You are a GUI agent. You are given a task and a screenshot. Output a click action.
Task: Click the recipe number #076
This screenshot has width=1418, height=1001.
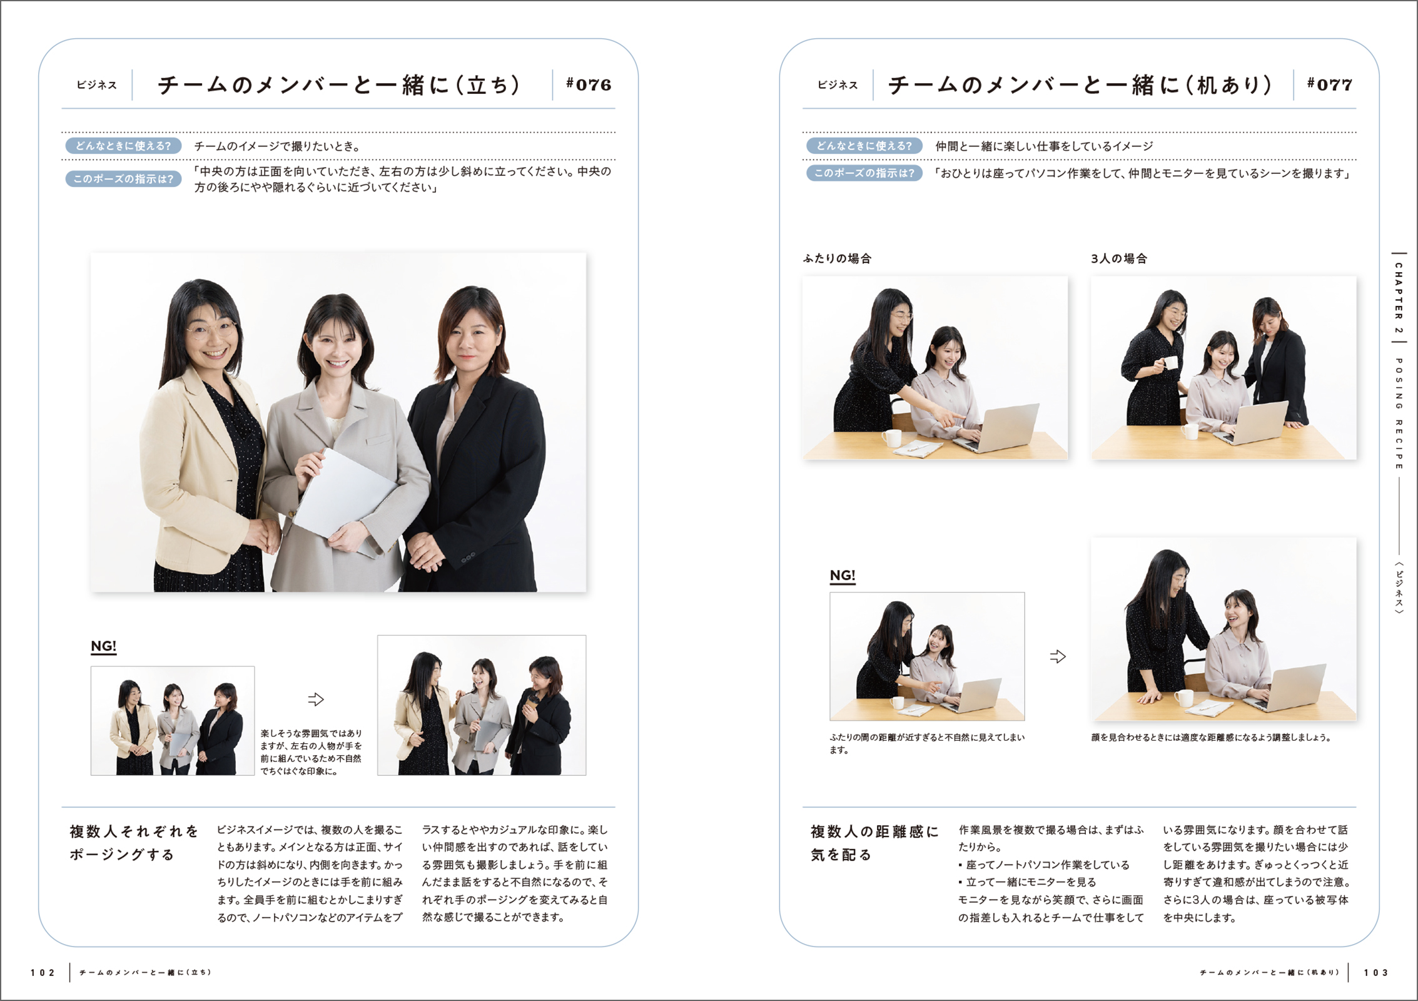tap(588, 84)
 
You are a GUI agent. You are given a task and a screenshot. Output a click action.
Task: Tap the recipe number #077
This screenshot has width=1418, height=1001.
tap(1330, 84)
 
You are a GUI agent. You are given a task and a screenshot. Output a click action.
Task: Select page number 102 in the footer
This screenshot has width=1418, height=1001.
tap(43, 973)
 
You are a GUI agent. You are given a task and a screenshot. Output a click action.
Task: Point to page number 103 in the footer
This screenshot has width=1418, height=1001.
tap(1376, 973)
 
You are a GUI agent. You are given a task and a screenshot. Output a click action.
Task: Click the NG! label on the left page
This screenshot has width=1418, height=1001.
tap(104, 646)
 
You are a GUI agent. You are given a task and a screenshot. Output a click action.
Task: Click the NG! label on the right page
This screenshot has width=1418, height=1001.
tap(843, 576)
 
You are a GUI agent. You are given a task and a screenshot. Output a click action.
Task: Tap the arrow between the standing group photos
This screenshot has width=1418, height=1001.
tap(316, 699)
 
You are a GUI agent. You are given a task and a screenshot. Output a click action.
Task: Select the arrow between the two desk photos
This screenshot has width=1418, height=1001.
tap(1058, 656)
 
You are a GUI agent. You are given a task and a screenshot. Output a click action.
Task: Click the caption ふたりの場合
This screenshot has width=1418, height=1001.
tap(837, 258)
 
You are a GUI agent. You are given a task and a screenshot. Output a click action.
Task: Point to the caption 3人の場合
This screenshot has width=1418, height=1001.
tap(1119, 258)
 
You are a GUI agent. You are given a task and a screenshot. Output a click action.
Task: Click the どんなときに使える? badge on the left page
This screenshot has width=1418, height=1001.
tap(123, 146)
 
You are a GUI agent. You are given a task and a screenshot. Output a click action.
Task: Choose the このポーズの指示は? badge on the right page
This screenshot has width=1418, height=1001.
tap(864, 173)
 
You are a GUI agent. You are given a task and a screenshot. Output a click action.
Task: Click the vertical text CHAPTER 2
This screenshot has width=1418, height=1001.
tap(1399, 298)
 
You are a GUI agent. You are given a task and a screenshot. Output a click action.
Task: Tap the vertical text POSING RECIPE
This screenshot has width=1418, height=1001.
tap(1399, 414)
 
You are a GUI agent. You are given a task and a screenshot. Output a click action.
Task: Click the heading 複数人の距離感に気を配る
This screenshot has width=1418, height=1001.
tap(874, 843)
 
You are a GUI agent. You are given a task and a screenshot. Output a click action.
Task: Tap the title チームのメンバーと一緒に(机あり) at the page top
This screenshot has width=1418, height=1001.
tap(1080, 84)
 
